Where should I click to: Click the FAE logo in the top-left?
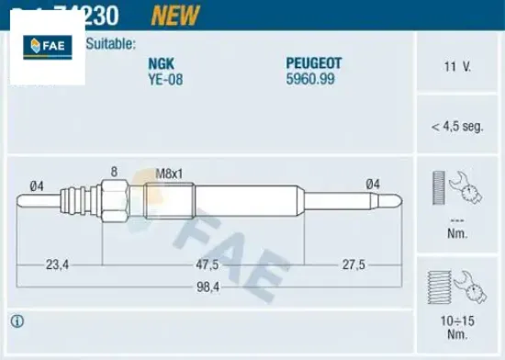(46, 46)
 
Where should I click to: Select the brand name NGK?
(162, 63)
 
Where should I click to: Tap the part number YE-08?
(165, 78)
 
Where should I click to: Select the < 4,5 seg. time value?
(456, 126)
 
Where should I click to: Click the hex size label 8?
(114, 172)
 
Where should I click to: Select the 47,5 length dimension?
(207, 264)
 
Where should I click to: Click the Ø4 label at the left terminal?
(37, 186)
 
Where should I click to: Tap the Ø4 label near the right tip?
(373, 185)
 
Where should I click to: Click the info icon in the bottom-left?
(17, 321)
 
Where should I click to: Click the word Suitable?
(113, 42)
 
